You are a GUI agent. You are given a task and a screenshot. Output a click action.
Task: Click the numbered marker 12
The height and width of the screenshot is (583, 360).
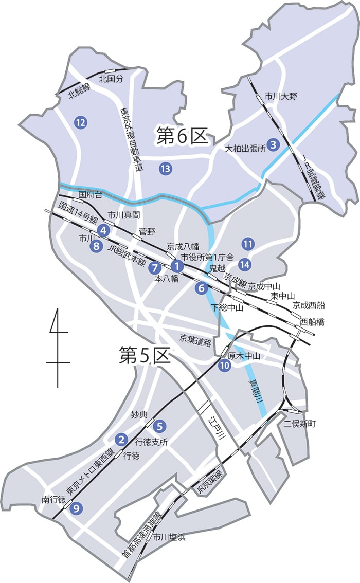pyautogui.click(x=80, y=122)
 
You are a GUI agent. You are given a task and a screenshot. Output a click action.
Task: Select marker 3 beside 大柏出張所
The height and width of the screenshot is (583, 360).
pyautogui.click(x=274, y=145)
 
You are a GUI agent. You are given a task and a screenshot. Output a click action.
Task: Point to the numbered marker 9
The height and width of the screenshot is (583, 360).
pyautogui.click(x=77, y=508)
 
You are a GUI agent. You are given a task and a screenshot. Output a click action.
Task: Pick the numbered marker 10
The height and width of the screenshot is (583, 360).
pyautogui.click(x=224, y=366)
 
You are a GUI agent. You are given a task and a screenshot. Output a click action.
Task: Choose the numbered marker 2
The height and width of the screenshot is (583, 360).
pyautogui.click(x=121, y=439)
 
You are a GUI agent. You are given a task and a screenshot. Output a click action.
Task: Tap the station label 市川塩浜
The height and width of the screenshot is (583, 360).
pyautogui.click(x=169, y=537)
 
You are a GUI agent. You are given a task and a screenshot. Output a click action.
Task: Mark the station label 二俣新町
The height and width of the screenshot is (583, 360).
pyautogui.click(x=300, y=424)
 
